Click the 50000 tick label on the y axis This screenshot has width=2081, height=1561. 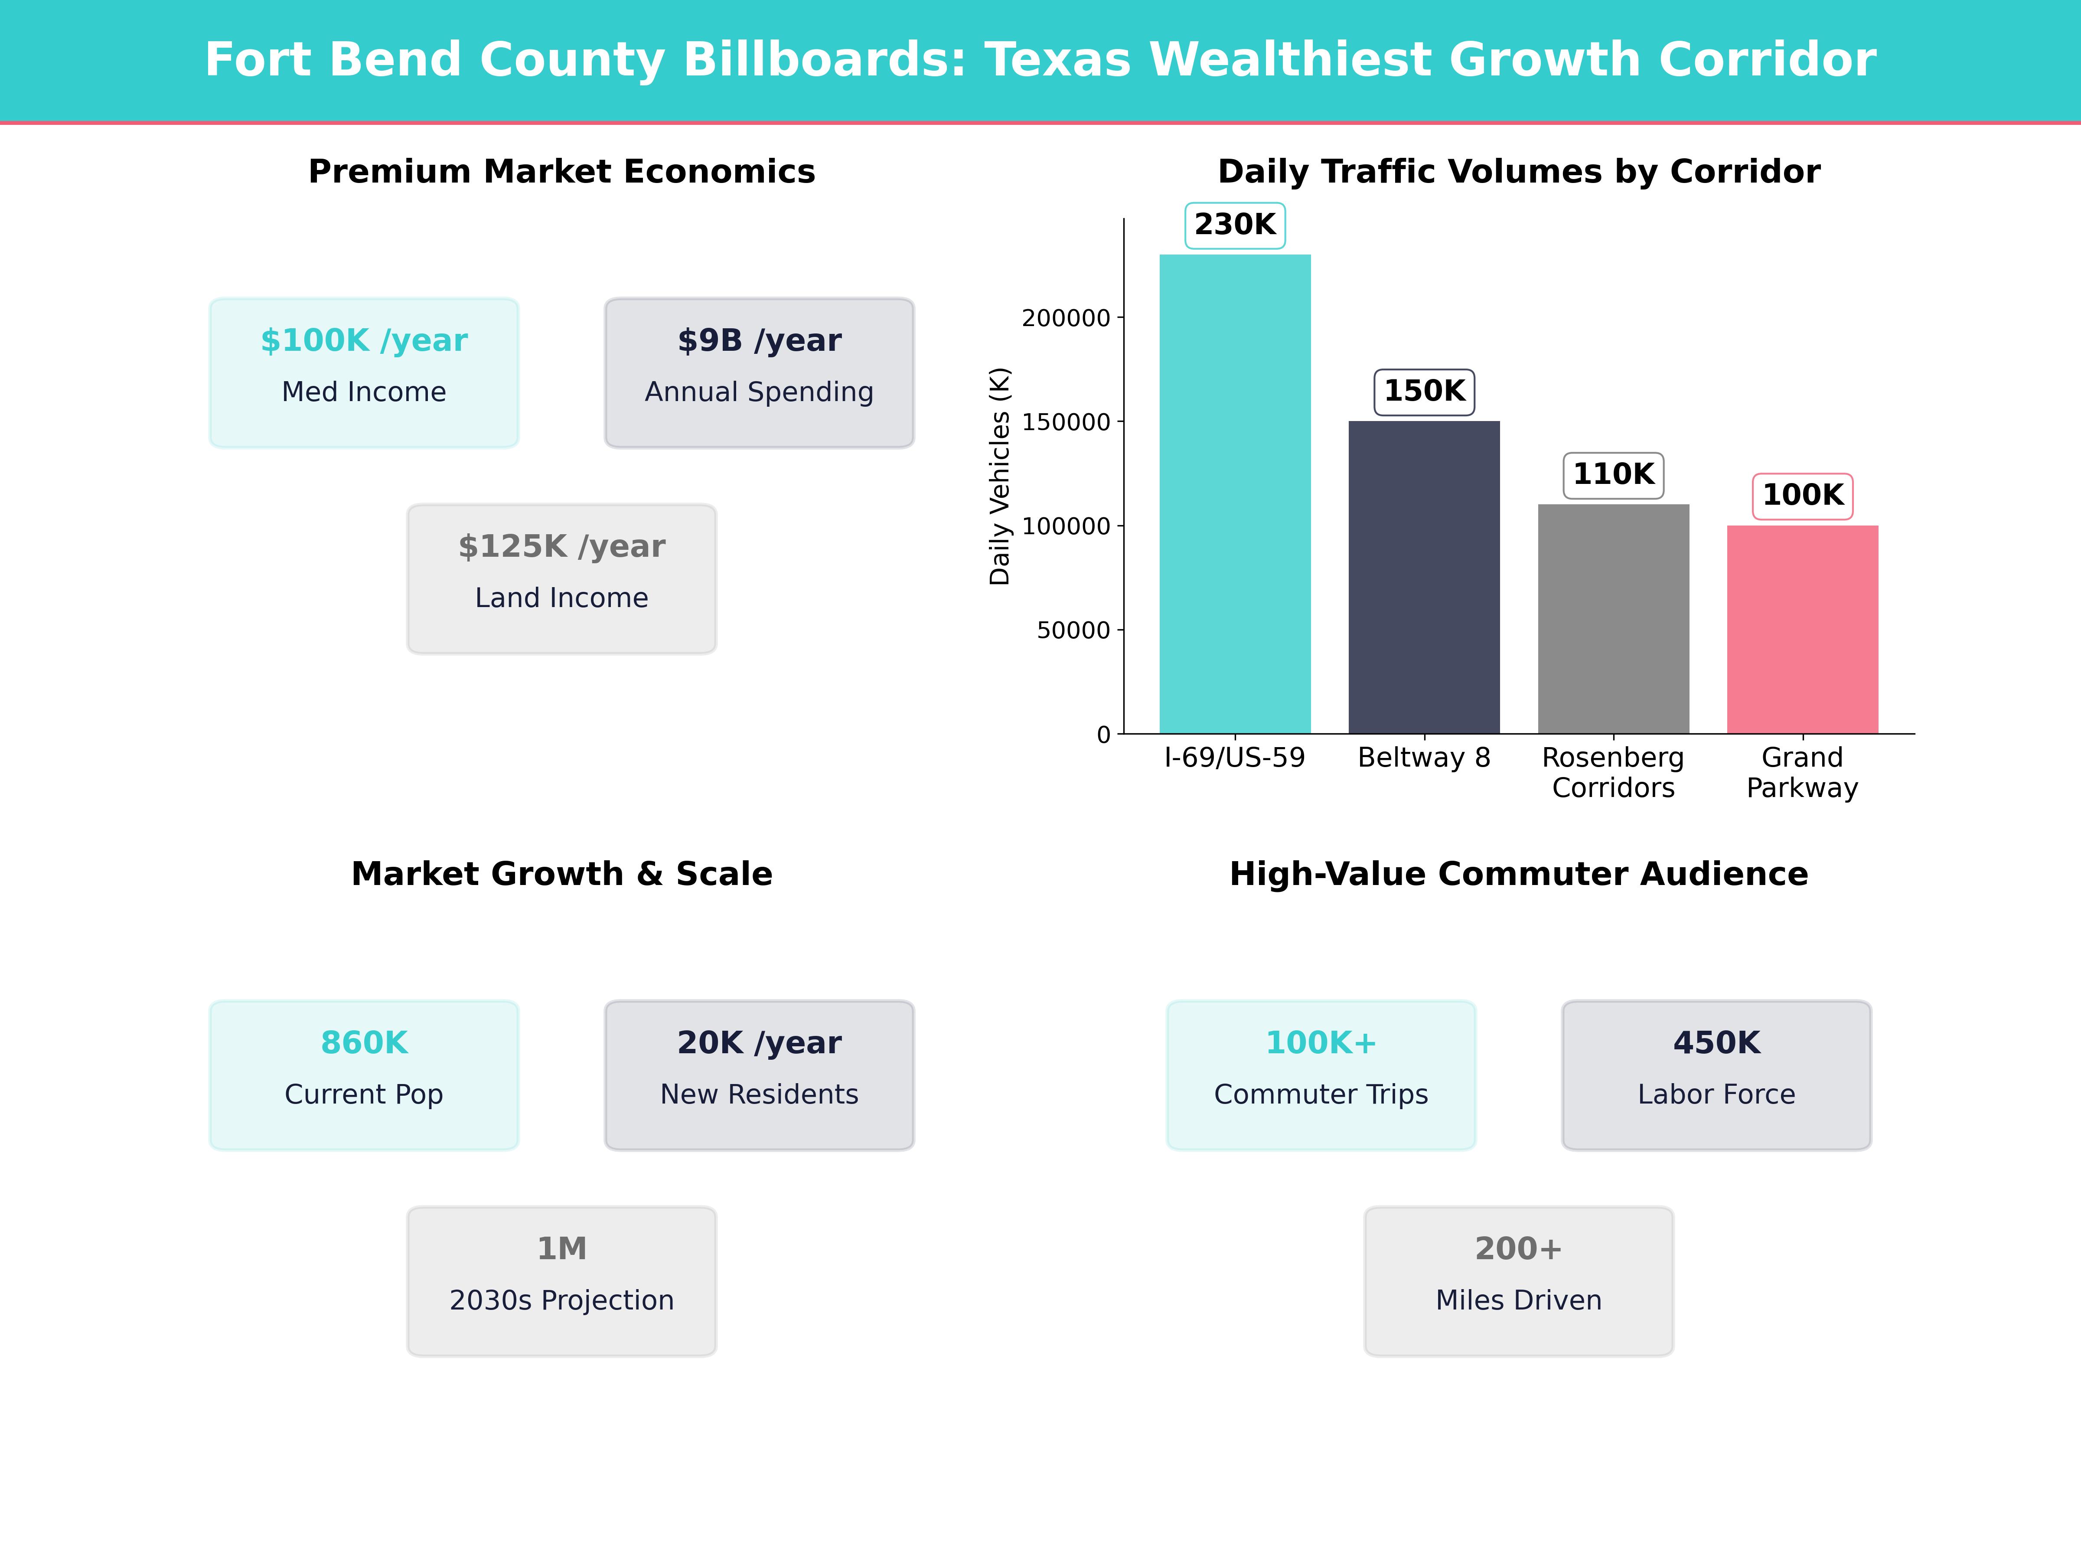point(1073,630)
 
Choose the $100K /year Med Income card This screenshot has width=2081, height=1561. point(364,372)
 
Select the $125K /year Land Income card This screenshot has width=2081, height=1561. point(561,579)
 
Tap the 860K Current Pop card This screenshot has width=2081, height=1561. point(364,1074)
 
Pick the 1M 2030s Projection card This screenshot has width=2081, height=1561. point(561,1280)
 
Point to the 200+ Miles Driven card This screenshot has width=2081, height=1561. point(1518,1280)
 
